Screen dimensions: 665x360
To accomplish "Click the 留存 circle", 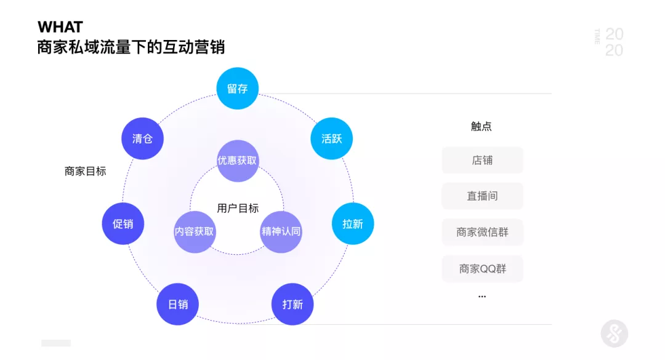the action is pyautogui.click(x=237, y=88).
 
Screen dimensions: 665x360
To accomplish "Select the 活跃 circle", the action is pyautogui.click(x=331, y=138).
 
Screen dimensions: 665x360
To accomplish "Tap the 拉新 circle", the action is pyautogui.click(x=352, y=223).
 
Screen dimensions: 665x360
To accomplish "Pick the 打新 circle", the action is pyautogui.click(x=292, y=304).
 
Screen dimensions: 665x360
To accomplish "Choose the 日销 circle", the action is pyautogui.click(x=177, y=304).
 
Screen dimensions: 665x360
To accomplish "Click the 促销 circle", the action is pyautogui.click(x=123, y=223).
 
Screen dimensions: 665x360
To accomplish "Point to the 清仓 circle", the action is pyautogui.click(x=142, y=138).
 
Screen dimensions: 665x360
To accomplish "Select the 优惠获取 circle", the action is pyautogui.click(x=237, y=161).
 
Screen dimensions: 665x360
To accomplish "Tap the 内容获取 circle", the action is pyautogui.click(x=194, y=231).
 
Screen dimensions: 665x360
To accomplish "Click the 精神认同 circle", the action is pyautogui.click(x=281, y=231).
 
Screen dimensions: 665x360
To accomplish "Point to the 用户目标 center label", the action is pyautogui.click(x=238, y=208).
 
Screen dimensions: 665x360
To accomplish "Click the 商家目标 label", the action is pyautogui.click(x=85, y=171).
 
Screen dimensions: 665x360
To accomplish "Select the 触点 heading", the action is pyautogui.click(x=482, y=126).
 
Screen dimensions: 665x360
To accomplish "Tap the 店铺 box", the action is pyautogui.click(x=482, y=160).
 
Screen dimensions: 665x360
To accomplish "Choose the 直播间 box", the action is pyautogui.click(x=482, y=196).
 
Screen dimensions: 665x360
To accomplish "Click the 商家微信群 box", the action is pyautogui.click(x=482, y=233).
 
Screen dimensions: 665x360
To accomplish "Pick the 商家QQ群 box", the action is pyautogui.click(x=482, y=269).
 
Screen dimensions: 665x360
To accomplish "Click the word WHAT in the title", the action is pyautogui.click(x=60, y=27).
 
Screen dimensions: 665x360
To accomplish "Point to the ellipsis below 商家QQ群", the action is pyautogui.click(x=482, y=297).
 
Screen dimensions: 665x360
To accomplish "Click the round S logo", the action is pyautogui.click(x=614, y=334).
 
